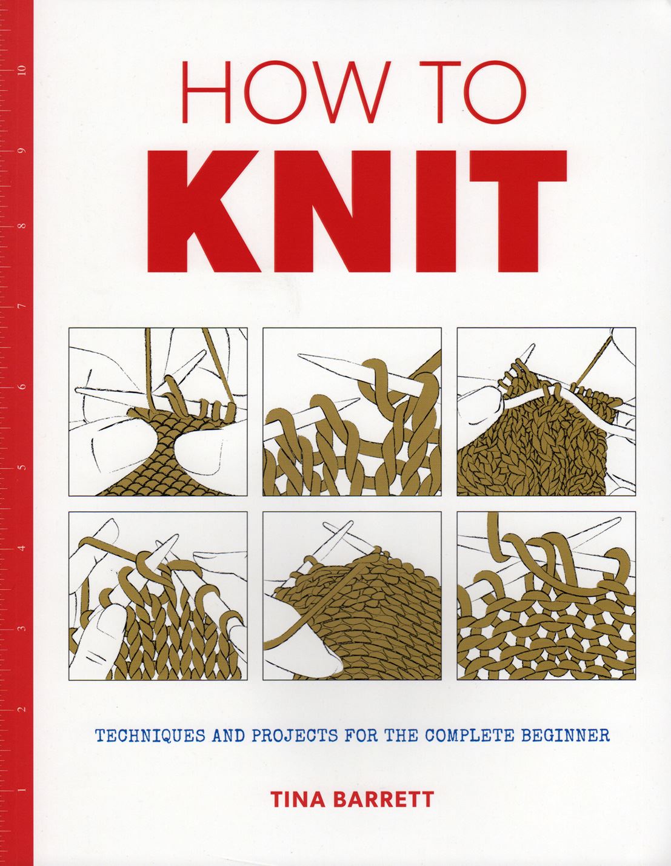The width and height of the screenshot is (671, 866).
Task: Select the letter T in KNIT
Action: pos(517,212)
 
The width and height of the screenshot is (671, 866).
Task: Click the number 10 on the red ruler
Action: pos(22,69)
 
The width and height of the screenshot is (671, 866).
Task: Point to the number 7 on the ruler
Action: pos(22,307)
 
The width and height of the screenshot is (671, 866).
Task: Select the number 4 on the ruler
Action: pos(22,548)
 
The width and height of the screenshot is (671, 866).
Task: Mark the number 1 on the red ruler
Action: pos(22,790)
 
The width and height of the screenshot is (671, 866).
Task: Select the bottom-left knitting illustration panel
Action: pos(158,596)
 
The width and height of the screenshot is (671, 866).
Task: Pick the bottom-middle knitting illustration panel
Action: pos(352,596)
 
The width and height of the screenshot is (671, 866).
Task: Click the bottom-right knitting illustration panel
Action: pos(546,596)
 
